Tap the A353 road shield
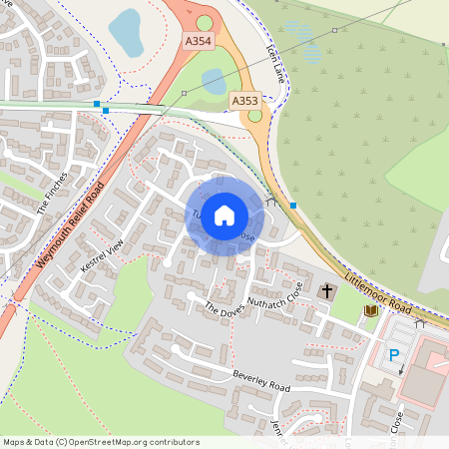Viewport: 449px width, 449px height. click(x=244, y=101)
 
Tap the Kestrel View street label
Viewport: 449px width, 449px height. click(x=101, y=257)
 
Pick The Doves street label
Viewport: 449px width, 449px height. click(x=224, y=316)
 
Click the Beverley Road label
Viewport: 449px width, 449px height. click(x=260, y=380)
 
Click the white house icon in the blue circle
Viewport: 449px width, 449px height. click(x=224, y=215)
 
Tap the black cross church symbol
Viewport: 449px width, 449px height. click(x=327, y=291)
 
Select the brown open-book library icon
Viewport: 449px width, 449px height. click(x=372, y=311)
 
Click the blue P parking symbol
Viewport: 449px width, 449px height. click(x=393, y=354)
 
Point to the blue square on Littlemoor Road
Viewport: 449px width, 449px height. click(x=293, y=206)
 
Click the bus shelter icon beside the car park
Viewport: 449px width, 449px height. click(x=420, y=322)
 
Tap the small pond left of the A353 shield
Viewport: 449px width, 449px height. click(x=214, y=80)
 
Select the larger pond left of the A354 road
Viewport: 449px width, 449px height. click(x=126, y=32)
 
